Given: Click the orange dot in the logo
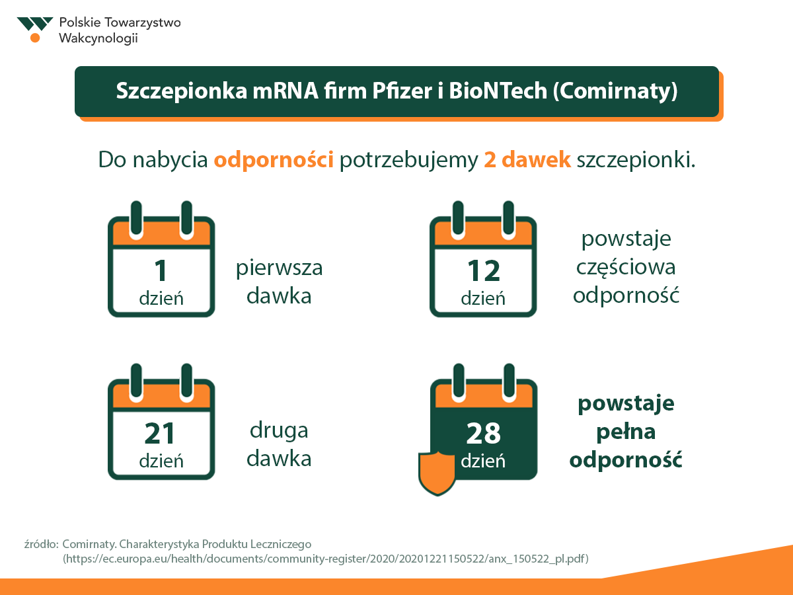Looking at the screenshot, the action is coord(35,38).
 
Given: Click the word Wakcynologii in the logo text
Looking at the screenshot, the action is coord(98,38).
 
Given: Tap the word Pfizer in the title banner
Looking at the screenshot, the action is coord(402,91).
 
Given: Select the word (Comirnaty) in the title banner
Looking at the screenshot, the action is coord(615,91).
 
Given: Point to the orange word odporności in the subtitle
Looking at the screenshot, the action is coord(274,159).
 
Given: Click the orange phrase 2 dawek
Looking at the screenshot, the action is coord(527,159).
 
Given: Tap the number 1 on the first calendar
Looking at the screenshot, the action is coord(161,270).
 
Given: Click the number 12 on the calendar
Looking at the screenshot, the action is coord(483,270).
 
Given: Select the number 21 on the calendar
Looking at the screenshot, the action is coord(160,433).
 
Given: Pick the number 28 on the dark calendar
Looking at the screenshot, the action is coord(483,433).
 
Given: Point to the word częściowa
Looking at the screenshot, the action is coord(626,268).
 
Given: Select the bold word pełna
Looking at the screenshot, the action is coord(626,432).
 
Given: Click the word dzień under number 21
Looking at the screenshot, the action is coord(161,461).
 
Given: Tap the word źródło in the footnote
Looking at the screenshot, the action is coord(41,544).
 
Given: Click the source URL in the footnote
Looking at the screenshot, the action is coord(326,559).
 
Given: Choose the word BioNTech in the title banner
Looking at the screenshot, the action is coord(498,91).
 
